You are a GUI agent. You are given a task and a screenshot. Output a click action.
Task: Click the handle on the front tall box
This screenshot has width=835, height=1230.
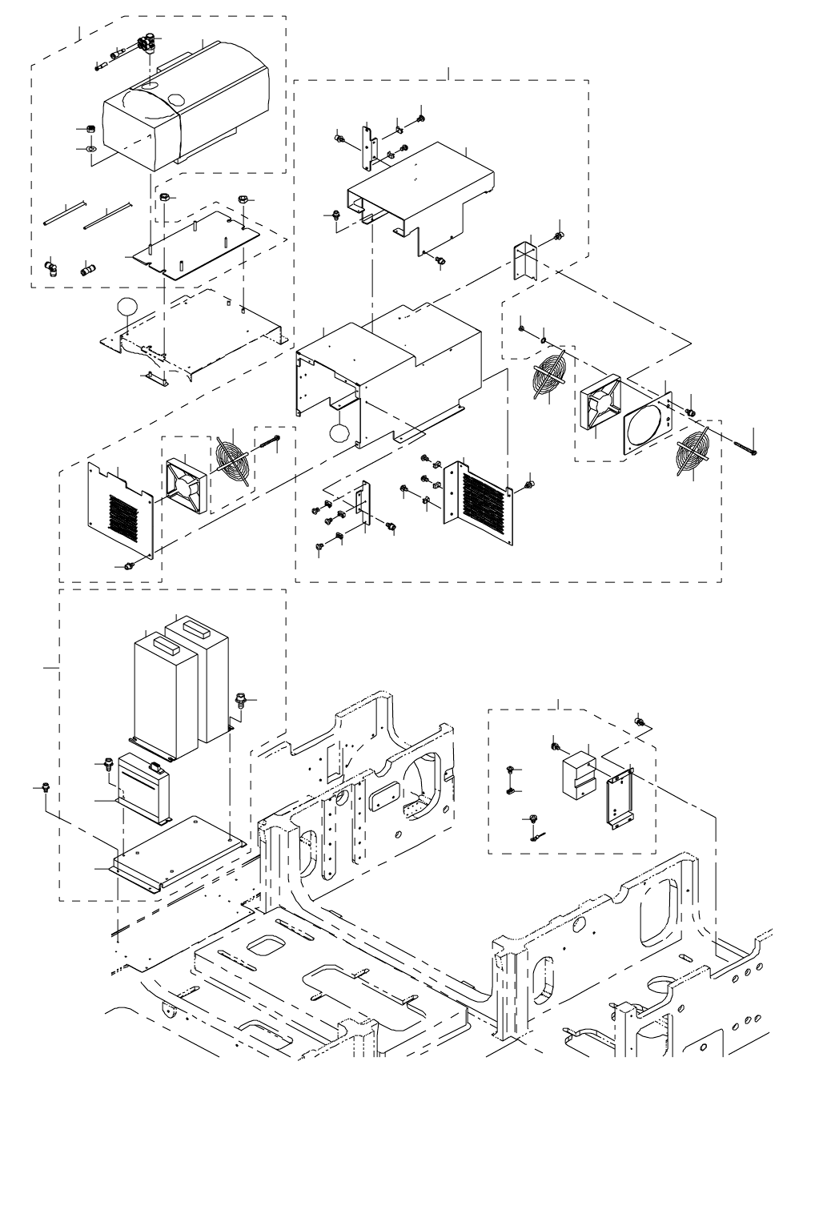(x=158, y=641)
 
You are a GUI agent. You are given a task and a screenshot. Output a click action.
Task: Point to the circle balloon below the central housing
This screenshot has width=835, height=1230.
(x=339, y=433)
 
